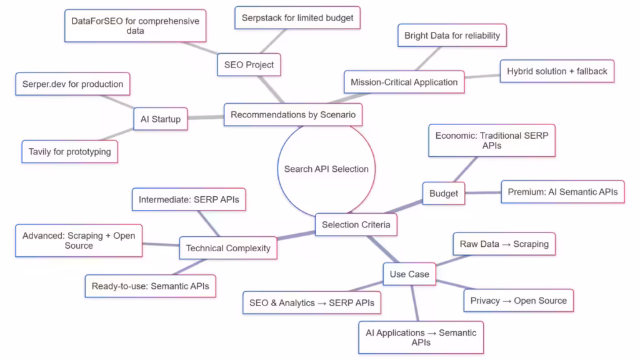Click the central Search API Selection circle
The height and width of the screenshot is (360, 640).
click(326, 169)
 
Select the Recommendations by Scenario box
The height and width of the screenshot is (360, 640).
click(293, 115)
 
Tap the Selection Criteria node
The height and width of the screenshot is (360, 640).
click(356, 225)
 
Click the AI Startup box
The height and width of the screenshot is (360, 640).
click(161, 119)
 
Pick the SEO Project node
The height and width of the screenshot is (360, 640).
click(249, 64)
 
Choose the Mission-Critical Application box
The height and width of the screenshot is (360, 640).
click(404, 82)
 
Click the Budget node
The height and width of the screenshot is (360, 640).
click(443, 194)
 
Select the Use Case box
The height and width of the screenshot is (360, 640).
click(409, 274)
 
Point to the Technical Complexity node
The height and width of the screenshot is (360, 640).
click(228, 248)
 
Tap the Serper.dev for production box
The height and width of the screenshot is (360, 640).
click(73, 84)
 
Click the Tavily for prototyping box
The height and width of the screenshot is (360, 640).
click(70, 151)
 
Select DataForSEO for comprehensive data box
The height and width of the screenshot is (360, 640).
click(135, 26)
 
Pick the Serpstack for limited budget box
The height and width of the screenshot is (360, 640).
click(297, 17)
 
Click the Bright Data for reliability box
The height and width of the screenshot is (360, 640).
click(452, 36)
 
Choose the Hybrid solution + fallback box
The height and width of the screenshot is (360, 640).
click(557, 71)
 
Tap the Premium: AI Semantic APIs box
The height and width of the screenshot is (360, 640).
click(562, 192)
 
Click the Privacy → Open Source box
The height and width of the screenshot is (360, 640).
click(518, 301)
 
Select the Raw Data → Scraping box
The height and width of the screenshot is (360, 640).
click(504, 244)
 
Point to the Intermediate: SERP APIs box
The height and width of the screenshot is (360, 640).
click(189, 200)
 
